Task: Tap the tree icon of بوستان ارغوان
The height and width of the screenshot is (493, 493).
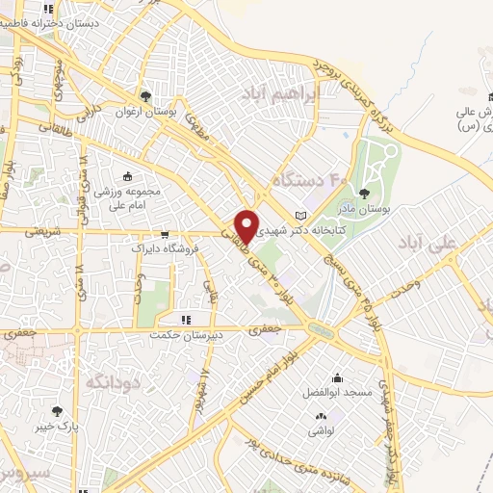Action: tap(145, 96)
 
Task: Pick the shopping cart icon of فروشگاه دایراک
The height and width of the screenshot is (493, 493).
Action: tap(165, 234)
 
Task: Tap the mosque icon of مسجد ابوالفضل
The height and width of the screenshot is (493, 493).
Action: tap(337, 377)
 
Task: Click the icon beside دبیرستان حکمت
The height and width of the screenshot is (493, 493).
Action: tap(187, 320)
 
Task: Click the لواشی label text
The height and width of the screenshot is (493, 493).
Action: tap(321, 432)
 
